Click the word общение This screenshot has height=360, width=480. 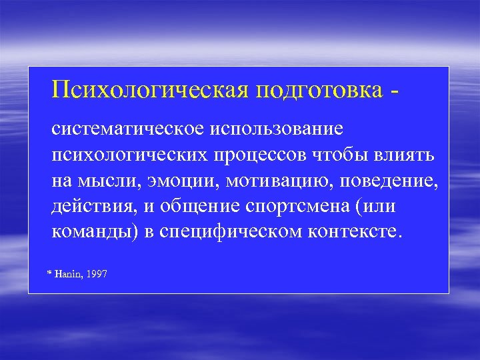[199, 207]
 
